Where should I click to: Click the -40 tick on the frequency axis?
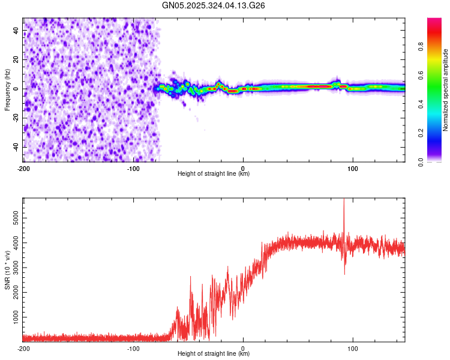pyautogui.click(x=15, y=147)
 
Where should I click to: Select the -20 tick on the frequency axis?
pyautogui.click(x=15, y=118)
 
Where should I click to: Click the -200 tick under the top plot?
pyautogui.click(x=23, y=168)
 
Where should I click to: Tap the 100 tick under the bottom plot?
pyautogui.click(x=353, y=348)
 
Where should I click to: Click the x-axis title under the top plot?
pyautogui.click(x=214, y=174)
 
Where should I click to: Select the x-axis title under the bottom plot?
pyautogui.click(x=214, y=354)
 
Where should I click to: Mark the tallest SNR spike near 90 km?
pyautogui.click(x=344, y=200)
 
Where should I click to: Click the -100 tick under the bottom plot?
pyautogui.click(x=133, y=348)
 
